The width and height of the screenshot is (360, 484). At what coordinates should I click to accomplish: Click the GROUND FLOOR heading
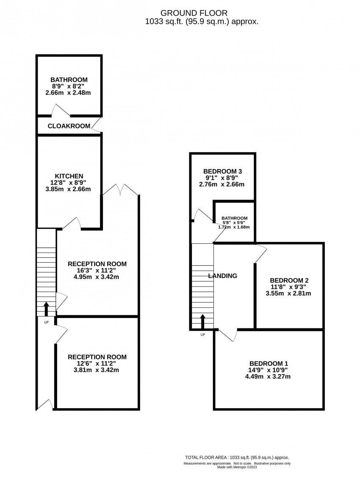194,13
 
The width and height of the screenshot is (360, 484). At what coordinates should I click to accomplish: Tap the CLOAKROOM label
69,126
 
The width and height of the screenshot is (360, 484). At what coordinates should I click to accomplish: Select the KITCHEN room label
69,176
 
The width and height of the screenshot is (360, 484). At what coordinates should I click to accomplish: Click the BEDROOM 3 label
222,171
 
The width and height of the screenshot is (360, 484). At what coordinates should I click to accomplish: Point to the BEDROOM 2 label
289,280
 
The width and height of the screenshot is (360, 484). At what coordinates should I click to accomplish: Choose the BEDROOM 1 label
269,364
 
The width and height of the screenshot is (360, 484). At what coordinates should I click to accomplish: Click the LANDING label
222,275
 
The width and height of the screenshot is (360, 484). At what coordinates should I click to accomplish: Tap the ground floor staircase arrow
46,309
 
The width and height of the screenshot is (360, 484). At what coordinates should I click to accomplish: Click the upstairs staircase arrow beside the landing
203,322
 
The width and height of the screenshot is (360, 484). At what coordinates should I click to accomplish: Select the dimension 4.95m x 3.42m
96,277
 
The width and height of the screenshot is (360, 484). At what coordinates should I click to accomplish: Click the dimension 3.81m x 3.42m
96,370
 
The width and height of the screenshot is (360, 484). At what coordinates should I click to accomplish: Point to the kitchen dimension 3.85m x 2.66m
68,189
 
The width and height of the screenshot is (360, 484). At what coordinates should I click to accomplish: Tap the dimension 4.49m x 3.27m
268,377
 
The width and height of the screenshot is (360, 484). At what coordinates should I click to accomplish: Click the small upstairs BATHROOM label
235,218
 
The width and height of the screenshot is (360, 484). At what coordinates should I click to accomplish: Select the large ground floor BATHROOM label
69,80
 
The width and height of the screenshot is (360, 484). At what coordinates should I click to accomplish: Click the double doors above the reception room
120,189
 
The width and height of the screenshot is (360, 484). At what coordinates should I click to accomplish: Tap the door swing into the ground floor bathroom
61,111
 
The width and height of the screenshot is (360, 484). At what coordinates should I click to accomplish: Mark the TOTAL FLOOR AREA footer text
237,457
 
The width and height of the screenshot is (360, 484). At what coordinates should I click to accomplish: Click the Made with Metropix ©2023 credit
237,467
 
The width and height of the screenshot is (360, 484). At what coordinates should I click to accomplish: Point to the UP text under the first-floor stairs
203,334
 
